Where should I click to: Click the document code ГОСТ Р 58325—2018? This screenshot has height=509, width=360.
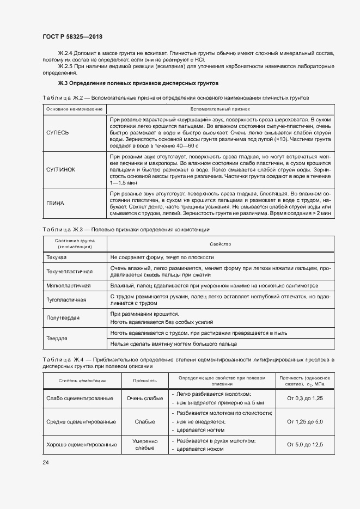[x=72, y=36]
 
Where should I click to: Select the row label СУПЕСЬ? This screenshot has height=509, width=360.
[x=57, y=132]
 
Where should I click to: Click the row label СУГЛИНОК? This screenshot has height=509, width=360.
[x=60, y=169]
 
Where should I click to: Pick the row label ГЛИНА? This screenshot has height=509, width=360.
[x=56, y=203]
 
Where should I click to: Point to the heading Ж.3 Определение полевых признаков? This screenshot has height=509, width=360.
[x=138, y=84]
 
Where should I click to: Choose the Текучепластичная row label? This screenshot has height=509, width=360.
[x=70, y=271]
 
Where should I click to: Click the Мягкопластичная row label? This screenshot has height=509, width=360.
[x=69, y=285]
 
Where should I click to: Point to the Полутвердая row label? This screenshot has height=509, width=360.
[x=63, y=317]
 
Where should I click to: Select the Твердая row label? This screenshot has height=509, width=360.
[x=57, y=338]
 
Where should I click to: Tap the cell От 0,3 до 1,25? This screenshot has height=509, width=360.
[x=304, y=398]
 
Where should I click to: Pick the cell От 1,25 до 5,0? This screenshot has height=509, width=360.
[x=304, y=421]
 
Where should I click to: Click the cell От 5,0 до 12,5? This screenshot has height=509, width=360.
[x=304, y=444]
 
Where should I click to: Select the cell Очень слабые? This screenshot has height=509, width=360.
[x=145, y=398]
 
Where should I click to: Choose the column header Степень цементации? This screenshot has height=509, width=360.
[x=82, y=381]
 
